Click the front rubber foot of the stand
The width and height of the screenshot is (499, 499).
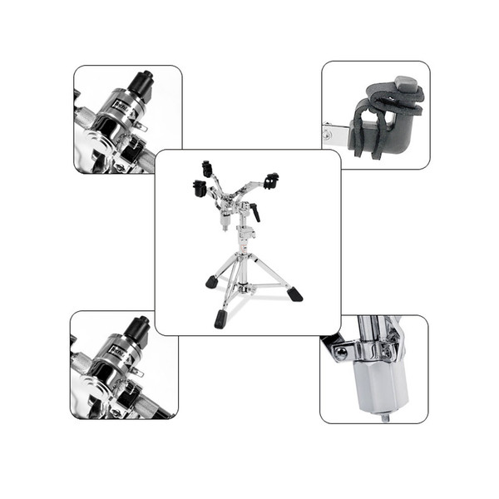pos(220,319)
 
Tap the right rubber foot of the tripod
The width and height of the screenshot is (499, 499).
pos(294,294)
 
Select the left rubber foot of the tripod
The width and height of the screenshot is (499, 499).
pos(212,283)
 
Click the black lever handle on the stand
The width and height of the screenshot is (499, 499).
pos(256,214)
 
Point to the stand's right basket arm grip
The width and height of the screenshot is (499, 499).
pos(270,180)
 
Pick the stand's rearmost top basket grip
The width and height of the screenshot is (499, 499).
pos(207,169)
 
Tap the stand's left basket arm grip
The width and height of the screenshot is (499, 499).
pos(199,189)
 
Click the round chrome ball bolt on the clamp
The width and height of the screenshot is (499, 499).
pos(341,352)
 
